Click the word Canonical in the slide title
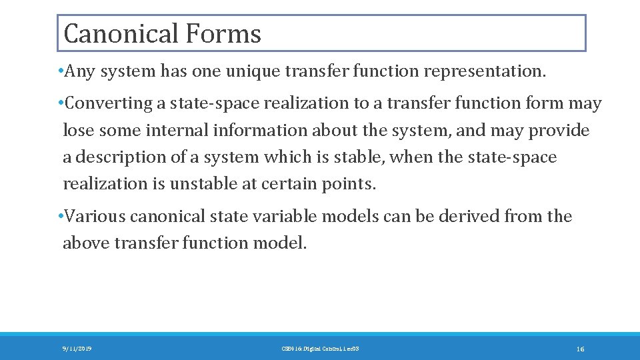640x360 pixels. pos(121,33)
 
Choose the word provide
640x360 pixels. pos(559,130)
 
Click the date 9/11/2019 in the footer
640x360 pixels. pos(77,349)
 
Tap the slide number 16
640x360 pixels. pos(580,349)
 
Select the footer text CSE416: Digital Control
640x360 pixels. pos(311,349)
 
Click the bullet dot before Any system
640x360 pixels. pos(61,71)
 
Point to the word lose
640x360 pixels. pos(75,130)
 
